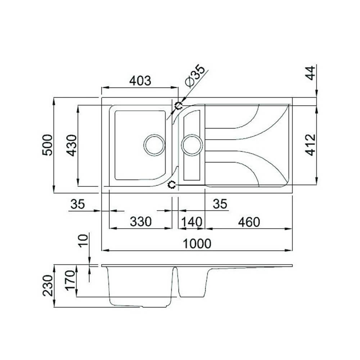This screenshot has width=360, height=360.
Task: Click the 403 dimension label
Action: [x=140, y=81]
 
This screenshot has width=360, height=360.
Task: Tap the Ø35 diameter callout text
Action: [x=195, y=76]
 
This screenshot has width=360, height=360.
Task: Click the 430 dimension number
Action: [x=72, y=145]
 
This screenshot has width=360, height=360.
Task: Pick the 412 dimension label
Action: [x=310, y=145]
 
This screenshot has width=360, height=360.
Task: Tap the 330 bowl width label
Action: [x=140, y=222]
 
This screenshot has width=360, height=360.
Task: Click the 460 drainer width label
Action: [x=248, y=222]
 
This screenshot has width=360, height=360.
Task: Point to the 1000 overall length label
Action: [x=197, y=244]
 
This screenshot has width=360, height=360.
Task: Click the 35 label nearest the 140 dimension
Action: [x=220, y=204]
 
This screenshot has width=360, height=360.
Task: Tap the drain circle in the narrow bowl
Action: [x=191, y=145]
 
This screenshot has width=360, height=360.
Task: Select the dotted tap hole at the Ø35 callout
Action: [x=178, y=105]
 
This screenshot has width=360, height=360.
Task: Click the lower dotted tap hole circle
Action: [x=172, y=185]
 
